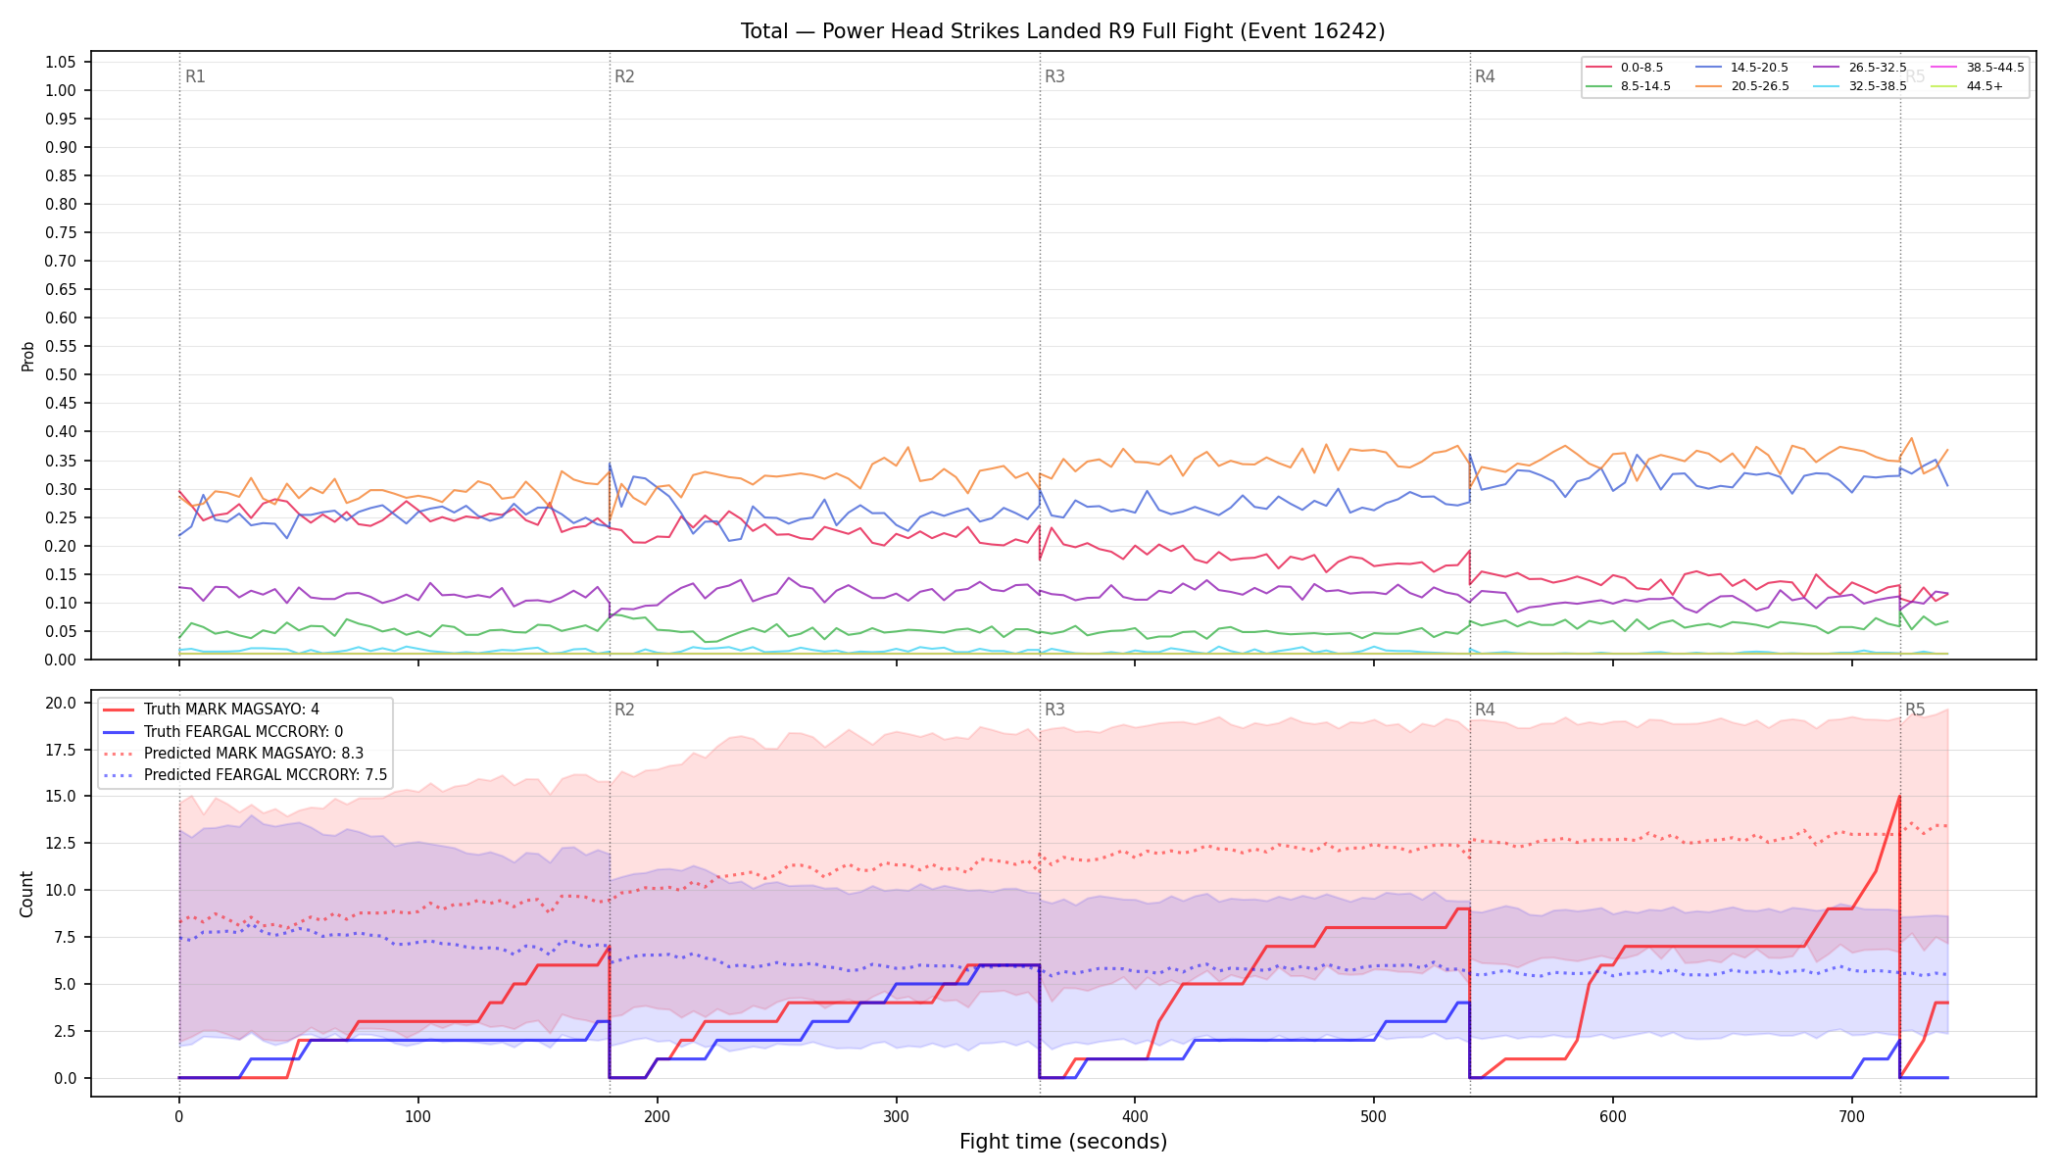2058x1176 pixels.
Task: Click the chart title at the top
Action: [x=1062, y=31]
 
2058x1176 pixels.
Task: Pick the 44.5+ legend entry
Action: [x=1966, y=86]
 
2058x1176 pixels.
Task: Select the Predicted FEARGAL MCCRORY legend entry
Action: [x=245, y=774]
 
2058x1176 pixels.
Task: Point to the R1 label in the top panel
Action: [x=195, y=76]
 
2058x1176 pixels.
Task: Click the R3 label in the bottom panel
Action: [x=1054, y=710]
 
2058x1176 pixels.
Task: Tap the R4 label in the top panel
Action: [x=1485, y=76]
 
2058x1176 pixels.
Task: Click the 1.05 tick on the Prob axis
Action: [x=60, y=62]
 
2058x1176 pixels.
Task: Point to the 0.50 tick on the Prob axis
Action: [x=60, y=374]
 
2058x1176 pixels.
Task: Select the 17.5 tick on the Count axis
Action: [x=61, y=750]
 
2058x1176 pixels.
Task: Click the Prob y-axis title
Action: [x=27, y=356]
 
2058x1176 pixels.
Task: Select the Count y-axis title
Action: [x=26, y=894]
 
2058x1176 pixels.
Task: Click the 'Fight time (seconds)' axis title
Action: [x=1063, y=1142]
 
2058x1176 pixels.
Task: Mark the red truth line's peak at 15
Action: [x=1899, y=796]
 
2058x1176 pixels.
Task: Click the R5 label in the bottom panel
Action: [x=1915, y=710]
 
